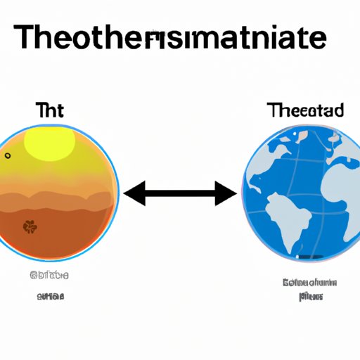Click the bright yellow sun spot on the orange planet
(49, 144)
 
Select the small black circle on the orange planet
(8, 155)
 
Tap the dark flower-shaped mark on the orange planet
(30, 226)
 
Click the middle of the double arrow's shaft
(180, 192)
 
